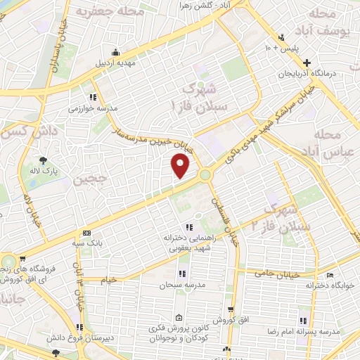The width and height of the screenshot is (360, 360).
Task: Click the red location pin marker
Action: [x=181, y=166]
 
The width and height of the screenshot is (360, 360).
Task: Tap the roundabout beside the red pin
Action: [x=205, y=175]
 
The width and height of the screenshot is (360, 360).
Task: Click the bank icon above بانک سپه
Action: [x=86, y=232]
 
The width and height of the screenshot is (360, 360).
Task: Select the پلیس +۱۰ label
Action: [x=281, y=48]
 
